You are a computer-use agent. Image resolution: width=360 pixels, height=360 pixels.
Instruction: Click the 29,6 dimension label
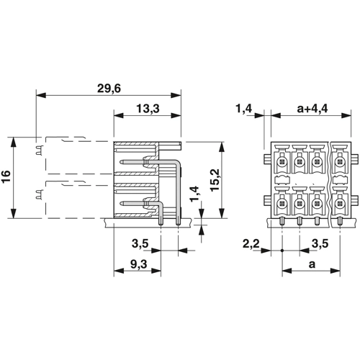point(109,89)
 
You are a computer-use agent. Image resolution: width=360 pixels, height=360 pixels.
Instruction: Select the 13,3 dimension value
point(148,109)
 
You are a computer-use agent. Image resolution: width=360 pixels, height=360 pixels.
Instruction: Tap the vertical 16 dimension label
point(6,176)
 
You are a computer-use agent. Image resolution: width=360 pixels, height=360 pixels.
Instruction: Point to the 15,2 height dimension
point(215,180)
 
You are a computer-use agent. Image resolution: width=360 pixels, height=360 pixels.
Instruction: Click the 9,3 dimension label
point(138,264)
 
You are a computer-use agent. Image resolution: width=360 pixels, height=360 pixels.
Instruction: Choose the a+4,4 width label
point(312,109)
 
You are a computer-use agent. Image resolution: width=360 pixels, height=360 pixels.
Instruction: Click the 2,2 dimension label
point(251,244)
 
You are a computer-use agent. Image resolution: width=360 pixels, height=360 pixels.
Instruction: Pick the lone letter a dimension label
point(312,264)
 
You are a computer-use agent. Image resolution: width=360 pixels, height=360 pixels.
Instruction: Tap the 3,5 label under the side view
point(140,244)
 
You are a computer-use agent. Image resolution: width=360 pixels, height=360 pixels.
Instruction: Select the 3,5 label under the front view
point(320,244)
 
